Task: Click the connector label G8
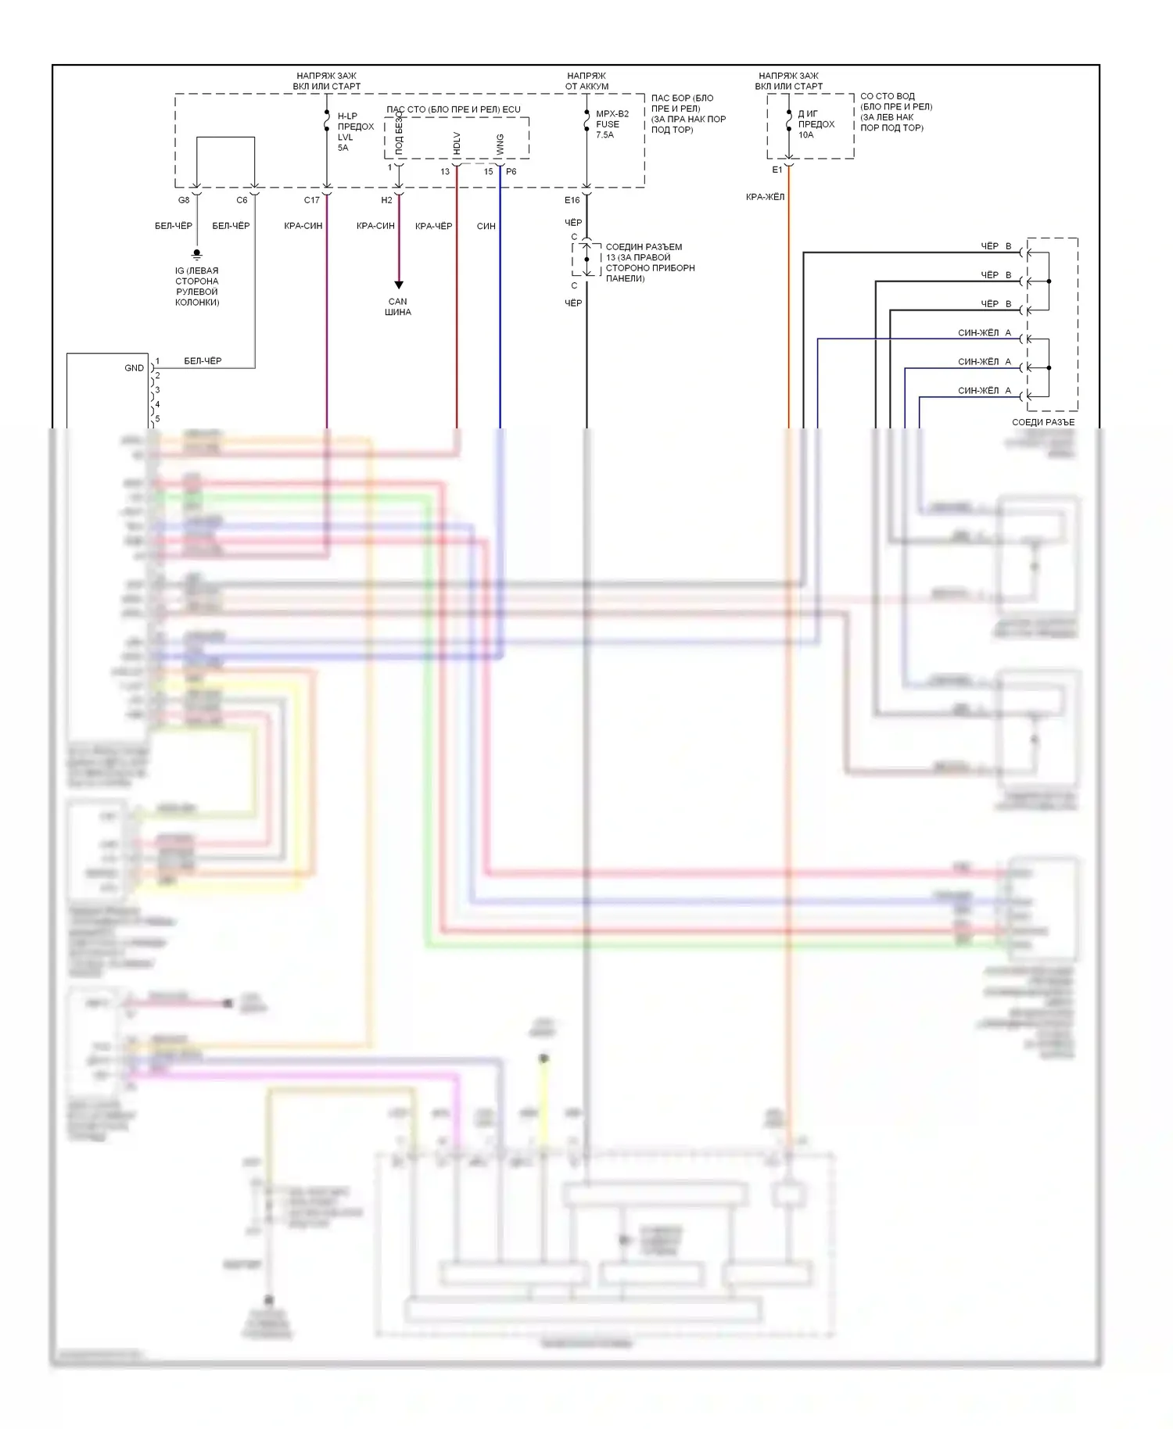184,200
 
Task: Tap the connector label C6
242,200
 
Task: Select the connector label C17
311,200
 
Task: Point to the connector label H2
386,200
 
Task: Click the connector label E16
572,200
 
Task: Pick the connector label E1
777,170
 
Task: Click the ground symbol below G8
197,254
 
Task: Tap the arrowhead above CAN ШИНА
398,285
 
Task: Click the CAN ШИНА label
398,306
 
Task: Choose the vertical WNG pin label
500,144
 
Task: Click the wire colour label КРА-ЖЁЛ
765,197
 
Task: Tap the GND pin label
134,367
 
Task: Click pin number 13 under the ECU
445,172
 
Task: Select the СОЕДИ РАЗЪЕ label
1043,422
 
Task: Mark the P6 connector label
511,172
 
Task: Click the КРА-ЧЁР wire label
433,226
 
